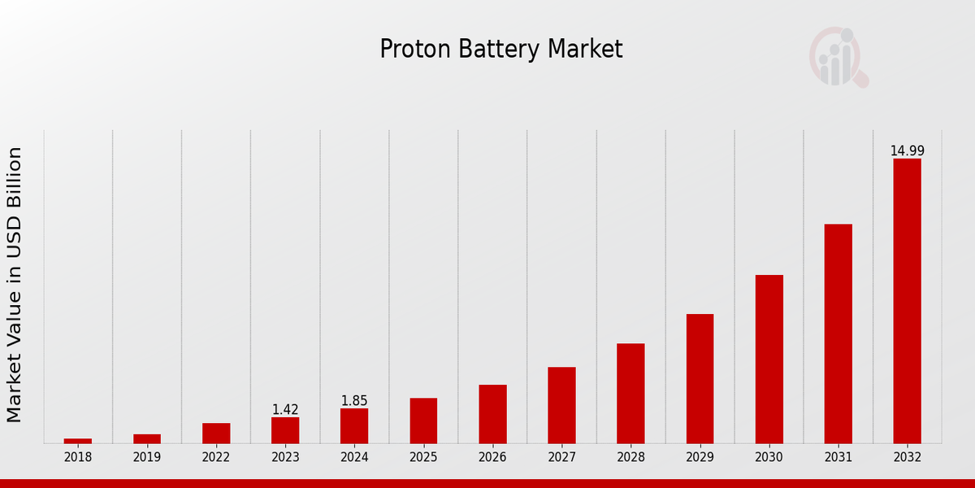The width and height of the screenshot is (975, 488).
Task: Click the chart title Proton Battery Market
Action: (501, 50)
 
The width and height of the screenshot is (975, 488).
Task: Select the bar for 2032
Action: (907, 301)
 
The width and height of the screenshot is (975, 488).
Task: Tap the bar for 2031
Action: (838, 333)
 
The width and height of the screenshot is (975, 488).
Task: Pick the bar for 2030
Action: (769, 359)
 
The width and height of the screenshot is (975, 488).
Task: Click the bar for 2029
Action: (700, 378)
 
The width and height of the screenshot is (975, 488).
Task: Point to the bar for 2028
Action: (630, 393)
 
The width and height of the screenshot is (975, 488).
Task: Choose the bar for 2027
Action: (561, 405)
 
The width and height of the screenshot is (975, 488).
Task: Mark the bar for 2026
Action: (492, 414)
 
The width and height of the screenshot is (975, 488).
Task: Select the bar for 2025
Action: (423, 420)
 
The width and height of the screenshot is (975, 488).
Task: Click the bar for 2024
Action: (354, 425)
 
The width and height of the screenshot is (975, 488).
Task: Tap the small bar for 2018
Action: (78, 441)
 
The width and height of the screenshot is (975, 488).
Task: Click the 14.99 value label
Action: (907, 151)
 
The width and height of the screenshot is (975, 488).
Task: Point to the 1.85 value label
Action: (354, 401)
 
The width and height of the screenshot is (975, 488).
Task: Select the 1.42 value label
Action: (285, 410)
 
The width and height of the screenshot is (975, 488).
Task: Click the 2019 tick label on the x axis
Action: (147, 458)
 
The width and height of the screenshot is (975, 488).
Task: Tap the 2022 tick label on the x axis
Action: (216, 458)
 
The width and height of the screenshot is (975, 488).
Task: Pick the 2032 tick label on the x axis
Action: (907, 458)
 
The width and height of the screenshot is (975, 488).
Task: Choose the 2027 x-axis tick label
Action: (561, 458)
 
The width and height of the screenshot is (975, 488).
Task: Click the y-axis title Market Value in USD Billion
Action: (15, 285)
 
